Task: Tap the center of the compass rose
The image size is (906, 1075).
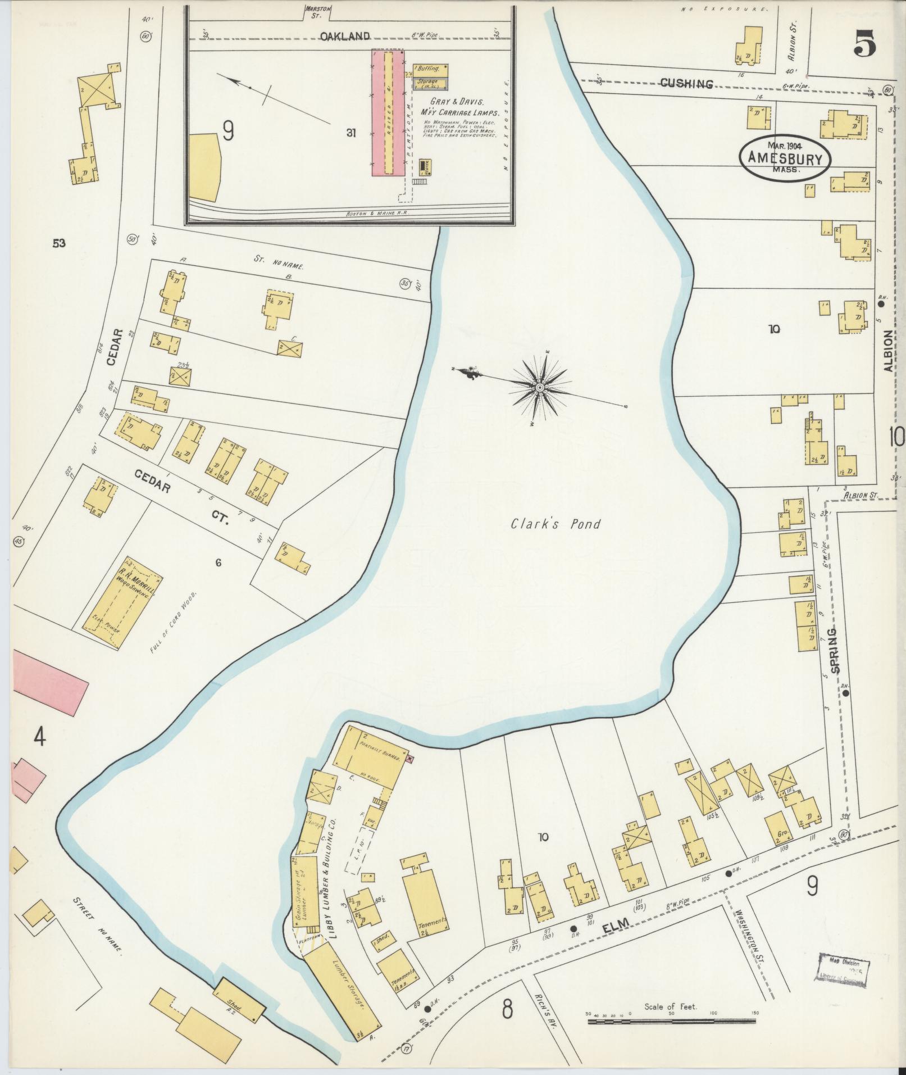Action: pyautogui.click(x=539, y=388)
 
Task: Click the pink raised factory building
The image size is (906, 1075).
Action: pyautogui.click(x=388, y=112)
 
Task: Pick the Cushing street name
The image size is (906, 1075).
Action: pyautogui.click(x=686, y=84)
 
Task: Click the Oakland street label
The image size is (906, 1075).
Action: pyautogui.click(x=345, y=37)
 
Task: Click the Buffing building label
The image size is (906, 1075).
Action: pyautogui.click(x=430, y=70)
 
